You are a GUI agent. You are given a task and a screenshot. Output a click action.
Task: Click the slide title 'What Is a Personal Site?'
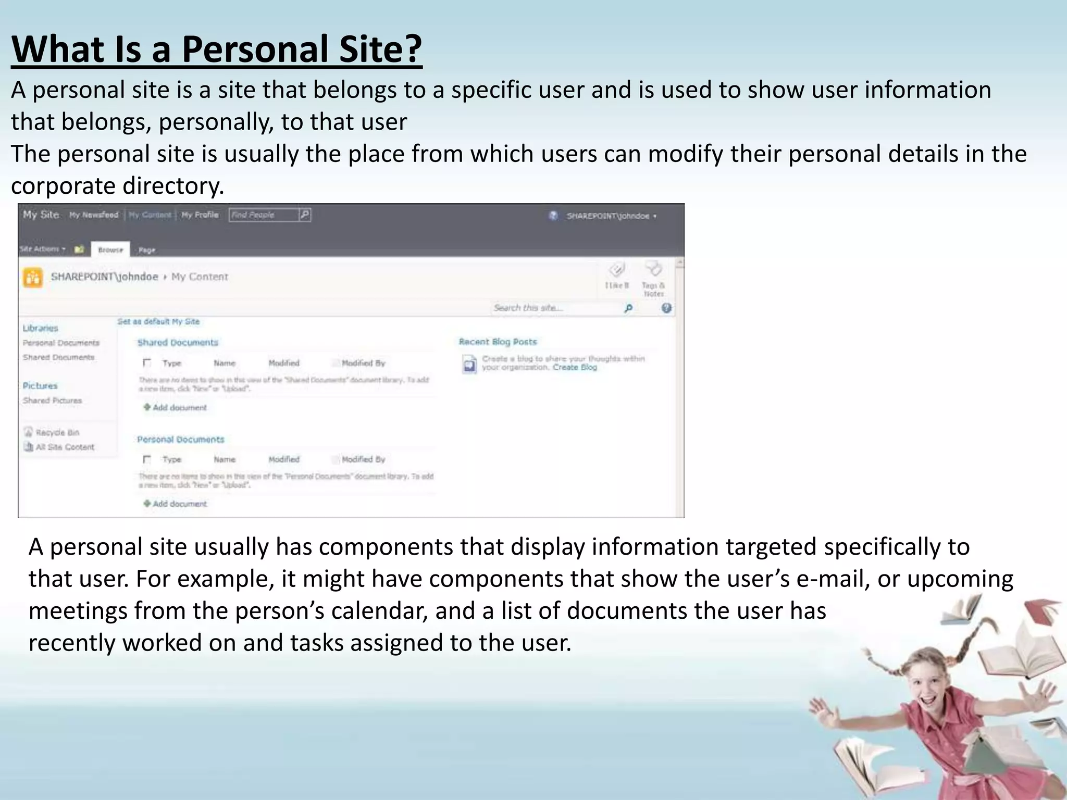(216, 48)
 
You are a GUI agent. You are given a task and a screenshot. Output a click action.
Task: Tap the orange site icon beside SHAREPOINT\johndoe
(33, 277)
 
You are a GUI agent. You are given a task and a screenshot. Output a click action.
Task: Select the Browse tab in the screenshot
(110, 250)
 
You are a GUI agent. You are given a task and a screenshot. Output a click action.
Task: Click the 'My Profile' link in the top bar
(200, 215)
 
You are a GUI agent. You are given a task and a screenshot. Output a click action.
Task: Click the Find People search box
(264, 215)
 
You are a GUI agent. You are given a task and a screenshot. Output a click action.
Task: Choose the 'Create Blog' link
(575, 367)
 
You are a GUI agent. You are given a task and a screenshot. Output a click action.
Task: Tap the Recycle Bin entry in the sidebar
(57, 432)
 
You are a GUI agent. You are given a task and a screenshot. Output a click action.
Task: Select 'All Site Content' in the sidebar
(64, 447)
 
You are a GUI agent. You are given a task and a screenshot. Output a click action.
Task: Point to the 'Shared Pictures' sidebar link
(52, 401)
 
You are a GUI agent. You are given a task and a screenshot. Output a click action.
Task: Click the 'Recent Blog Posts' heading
(498, 342)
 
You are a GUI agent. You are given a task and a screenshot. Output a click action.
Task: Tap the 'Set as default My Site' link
(158, 321)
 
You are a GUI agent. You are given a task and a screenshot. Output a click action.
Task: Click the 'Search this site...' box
(555, 308)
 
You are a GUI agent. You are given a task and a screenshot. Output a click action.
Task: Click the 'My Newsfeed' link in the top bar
(94, 215)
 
